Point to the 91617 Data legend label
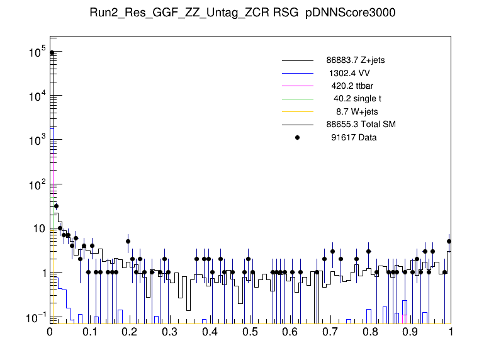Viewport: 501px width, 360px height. pyautogui.click(x=354, y=137)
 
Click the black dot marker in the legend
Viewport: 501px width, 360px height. pyautogui.click(x=298, y=137)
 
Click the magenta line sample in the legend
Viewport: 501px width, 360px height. pyautogui.click(x=298, y=86)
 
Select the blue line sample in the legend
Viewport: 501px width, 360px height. pyautogui.click(x=298, y=73)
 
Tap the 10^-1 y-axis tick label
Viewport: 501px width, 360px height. pyautogui.click(x=37, y=317)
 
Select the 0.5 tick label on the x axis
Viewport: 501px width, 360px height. pyautogui.click(x=250, y=332)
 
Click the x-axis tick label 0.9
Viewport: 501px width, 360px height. pyautogui.click(x=410, y=332)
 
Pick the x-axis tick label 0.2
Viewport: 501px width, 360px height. pyautogui.click(x=130, y=332)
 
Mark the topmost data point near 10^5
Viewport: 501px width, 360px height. pyautogui.click(x=52, y=53)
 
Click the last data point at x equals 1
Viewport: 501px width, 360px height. pyautogui.click(x=449, y=241)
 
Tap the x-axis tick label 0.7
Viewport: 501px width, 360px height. pyautogui.click(x=330, y=332)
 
